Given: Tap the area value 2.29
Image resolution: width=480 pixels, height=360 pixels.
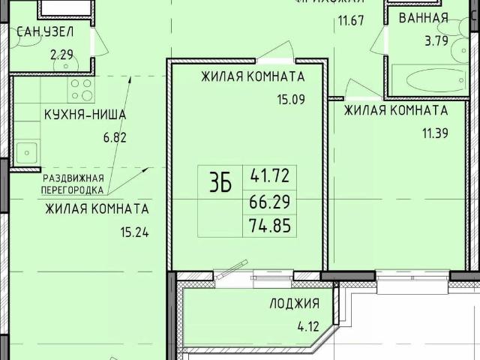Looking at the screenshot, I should point(63,53).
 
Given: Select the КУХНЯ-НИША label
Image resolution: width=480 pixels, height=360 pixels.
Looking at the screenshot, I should point(84,115).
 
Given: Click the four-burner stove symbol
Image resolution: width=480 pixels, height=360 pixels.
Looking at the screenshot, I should point(81,89).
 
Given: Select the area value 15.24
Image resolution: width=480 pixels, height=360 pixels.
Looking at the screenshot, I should point(135,232).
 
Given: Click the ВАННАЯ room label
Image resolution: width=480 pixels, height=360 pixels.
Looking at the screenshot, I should point(424,18).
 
